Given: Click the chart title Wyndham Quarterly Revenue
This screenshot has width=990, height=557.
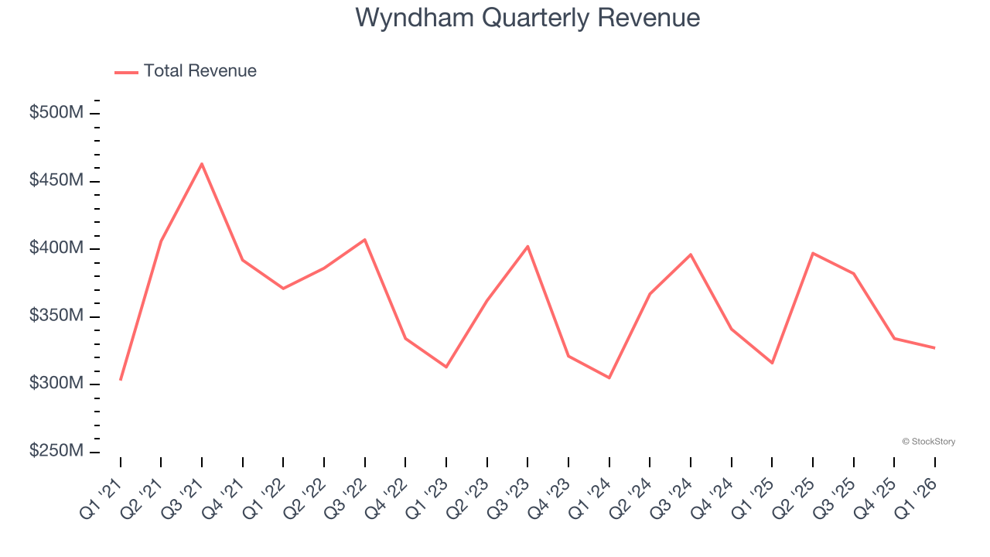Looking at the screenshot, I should coord(527,18).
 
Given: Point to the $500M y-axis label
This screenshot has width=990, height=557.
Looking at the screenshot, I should coord(56,113).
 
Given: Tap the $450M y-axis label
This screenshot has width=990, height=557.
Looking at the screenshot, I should coord(56,180).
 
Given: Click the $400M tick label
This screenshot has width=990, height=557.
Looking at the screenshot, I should coord(56,248).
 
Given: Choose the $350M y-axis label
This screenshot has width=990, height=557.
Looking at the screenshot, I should coord(56,316).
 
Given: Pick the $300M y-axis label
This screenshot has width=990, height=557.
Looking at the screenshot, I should coord(56,384).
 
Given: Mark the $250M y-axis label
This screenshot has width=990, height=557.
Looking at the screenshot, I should coord(56,451).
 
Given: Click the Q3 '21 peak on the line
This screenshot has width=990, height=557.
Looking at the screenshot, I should coord(202,164).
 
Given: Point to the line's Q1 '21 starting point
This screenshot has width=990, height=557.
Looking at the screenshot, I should coord(121,379).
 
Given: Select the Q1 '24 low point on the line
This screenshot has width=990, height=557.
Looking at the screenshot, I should coord(609,378).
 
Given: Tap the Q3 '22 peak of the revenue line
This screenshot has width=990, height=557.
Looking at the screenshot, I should coord(364,240).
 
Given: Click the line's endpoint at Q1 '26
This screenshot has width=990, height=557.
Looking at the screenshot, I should coord(934,348).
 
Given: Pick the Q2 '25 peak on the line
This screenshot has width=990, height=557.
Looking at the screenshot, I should coord(813,253).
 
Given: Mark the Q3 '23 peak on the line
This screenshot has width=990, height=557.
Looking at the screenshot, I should coord(527,246).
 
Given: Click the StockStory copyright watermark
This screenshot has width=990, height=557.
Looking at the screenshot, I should coord(928,442).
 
